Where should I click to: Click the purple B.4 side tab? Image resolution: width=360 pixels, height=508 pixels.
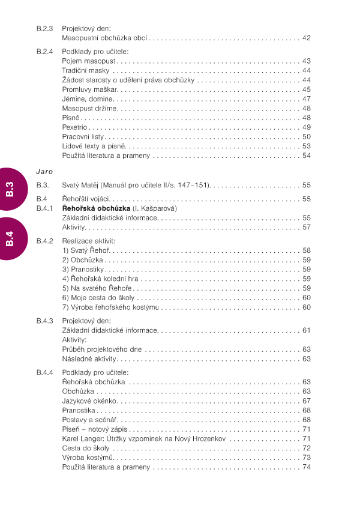coord(11,239)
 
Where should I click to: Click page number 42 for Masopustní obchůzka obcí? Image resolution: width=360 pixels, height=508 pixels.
coord(306,38)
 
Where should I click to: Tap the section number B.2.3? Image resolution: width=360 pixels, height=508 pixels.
coord(44,28)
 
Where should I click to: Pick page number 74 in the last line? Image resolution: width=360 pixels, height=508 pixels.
coord(306,467)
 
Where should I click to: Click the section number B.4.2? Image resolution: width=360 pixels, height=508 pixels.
coord(44,241)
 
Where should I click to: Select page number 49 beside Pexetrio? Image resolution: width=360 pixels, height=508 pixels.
coord(306,127)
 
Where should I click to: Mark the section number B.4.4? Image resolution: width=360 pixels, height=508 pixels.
coord(44,372)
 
